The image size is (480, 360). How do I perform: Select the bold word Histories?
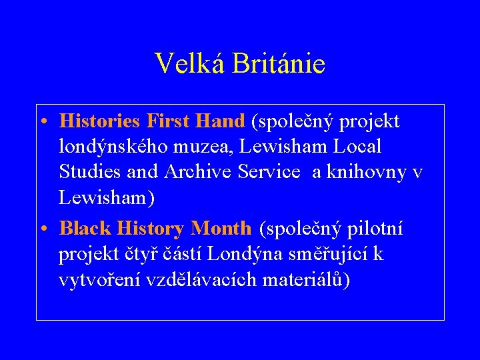tap(99, 121)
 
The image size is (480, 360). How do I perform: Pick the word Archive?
tap(194, 172)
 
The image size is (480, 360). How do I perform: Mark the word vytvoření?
tap(99, 280)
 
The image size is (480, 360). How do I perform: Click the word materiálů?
tap(306, 280)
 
